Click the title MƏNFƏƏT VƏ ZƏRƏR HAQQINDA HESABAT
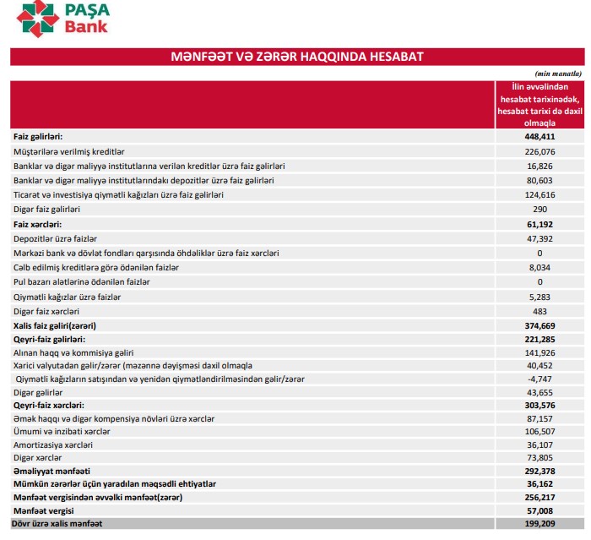click(x=296, y=57)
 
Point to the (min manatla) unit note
click(x=558, y=74)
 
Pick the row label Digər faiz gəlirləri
click(x=47, y=209)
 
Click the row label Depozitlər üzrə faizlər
click(x=56, y=238)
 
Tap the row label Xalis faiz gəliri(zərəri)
click(x=55, y=325)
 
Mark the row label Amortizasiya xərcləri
click(x=53, y=445)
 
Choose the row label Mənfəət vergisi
click(x=44, y=511)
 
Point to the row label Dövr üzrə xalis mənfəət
click(x=58, y=525)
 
